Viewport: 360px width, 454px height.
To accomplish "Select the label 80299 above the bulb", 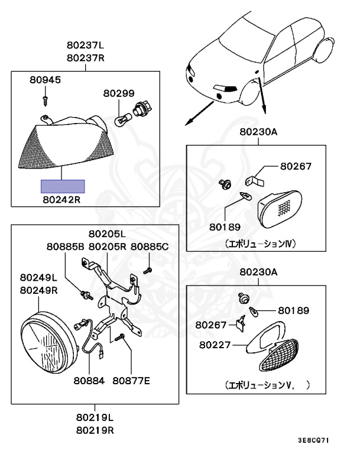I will pos(119,93).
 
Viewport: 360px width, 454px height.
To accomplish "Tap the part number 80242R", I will pos(61,200).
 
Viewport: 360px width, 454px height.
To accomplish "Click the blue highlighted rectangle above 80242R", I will pos(62,187).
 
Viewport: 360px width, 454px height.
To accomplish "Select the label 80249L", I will pos(38,278).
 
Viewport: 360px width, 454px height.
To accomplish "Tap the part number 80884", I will pos(89,381).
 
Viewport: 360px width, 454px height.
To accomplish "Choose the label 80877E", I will pos(131,381).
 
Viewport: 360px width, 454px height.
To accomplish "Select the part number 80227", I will pos(215,343).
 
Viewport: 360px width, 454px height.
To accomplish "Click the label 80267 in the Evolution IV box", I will pos(296,167).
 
